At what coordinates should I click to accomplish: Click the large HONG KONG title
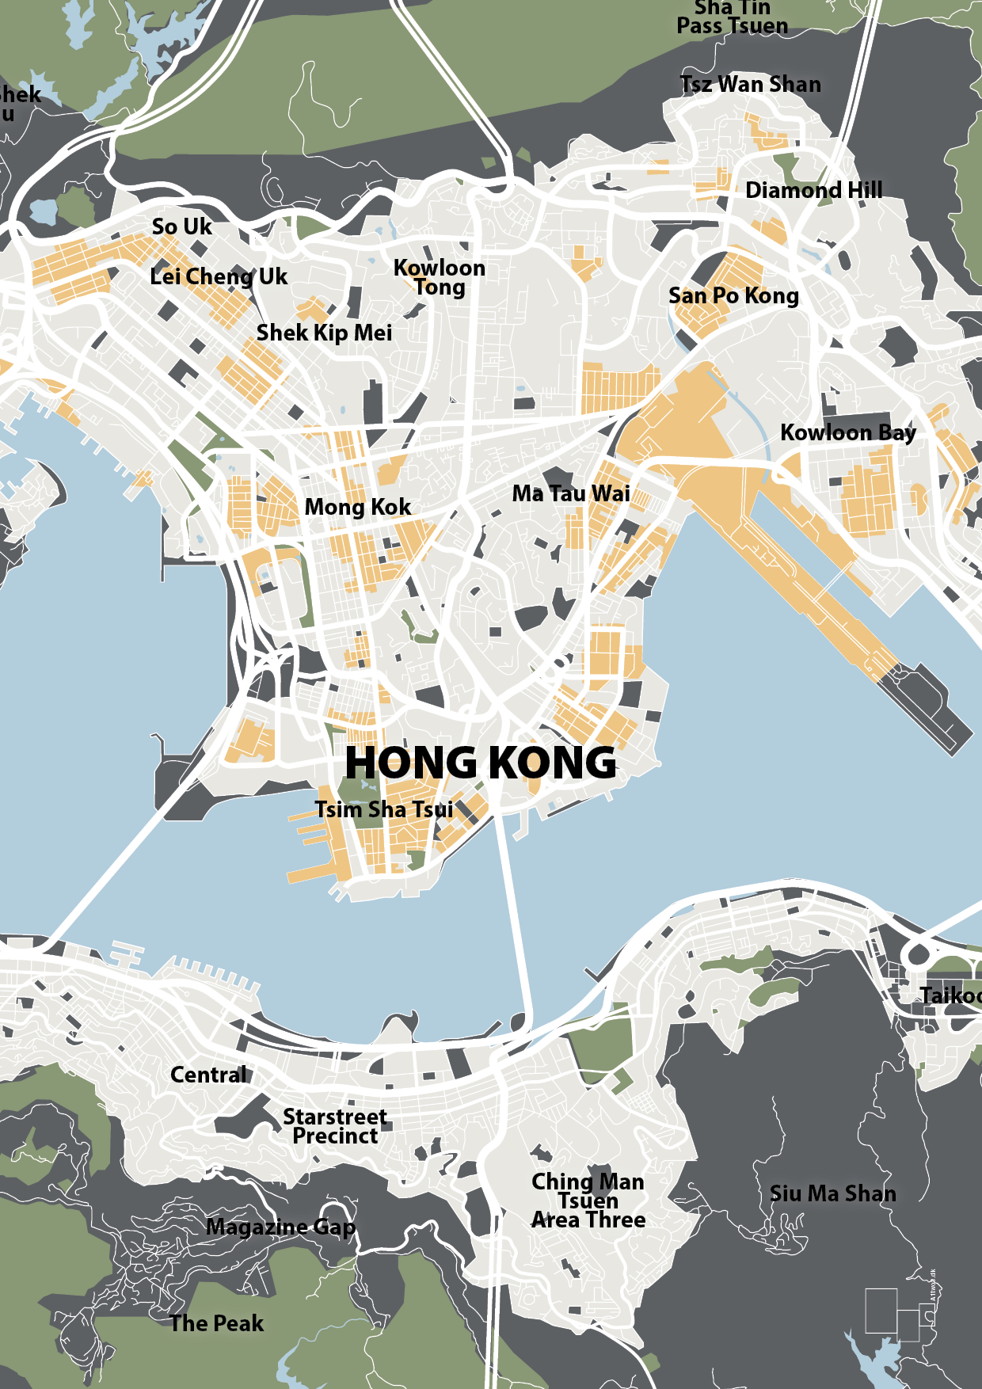coord(480,763)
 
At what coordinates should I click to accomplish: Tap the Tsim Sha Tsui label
coord(384,809)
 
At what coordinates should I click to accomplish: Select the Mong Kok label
coord(357,507)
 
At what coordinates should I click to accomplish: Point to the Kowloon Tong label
coord(440,277)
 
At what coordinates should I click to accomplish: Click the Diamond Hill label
coord(813,191)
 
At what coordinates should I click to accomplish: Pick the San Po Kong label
coord(733,296)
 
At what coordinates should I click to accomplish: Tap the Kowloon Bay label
coord(847,432)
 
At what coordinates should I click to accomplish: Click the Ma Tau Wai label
coord(570,493)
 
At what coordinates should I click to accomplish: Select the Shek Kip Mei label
coord(324,333)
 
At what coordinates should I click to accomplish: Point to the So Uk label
coord(181,227)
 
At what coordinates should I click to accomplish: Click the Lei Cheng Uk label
coord(219,276)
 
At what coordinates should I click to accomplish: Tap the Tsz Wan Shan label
coord(750,84)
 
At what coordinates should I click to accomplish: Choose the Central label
coord(208,1075)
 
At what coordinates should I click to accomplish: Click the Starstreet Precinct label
coord(335,1126)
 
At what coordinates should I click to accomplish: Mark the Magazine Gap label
coord(280,1227)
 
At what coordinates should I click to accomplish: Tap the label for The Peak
coord(216,1323)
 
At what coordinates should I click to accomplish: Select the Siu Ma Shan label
coord(832,1193)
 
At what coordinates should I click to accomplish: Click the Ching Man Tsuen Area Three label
coord(588,1201)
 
